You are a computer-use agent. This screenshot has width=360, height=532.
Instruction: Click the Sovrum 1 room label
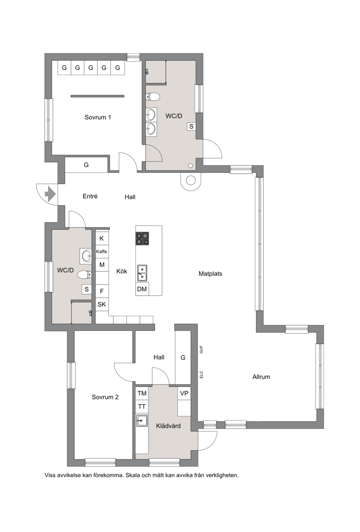coord(98,117)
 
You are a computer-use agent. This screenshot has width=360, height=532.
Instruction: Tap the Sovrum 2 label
coord(105,397)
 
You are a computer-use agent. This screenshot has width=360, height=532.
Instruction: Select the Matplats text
coord(210,274)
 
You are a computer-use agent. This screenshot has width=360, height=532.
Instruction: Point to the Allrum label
coord(261,377)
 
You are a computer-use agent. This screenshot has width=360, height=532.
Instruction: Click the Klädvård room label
coord(168,426)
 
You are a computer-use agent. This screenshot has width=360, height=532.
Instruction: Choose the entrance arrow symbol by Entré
coord(50,194)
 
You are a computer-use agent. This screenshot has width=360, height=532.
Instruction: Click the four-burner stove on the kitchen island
coord(143,239)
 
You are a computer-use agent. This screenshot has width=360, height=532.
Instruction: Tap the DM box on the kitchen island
coord(142,289)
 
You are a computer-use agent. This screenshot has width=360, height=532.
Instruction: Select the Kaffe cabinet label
coord(101,252)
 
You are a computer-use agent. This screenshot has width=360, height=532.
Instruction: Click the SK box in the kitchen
coord(102,304)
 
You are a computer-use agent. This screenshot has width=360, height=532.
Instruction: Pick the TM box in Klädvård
coord(142,393)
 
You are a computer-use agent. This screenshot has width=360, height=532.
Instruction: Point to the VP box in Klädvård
coord(184,393)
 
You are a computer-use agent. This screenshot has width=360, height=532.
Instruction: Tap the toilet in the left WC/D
coord(85,274)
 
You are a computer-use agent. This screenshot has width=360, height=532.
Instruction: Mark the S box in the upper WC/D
coord(191,126)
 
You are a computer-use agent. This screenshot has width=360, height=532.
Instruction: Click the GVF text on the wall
coord(201,349)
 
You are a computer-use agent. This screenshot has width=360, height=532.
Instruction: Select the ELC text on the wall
coord(201,374)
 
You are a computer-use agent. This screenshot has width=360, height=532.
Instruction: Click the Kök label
coord(122,271)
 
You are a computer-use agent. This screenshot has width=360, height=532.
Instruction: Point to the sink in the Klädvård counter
coord(142,421)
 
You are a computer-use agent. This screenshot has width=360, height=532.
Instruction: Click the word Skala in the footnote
coord(133,475)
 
